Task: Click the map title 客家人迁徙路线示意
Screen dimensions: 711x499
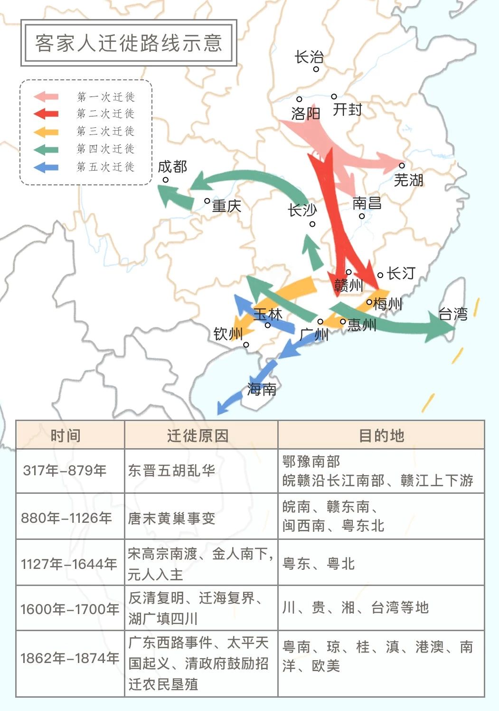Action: [129, 43]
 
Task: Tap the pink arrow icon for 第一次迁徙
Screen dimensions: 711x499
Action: [46, 97]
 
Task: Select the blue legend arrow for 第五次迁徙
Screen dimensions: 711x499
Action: [46, 167]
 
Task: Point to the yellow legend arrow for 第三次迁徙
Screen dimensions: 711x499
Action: [46, 132]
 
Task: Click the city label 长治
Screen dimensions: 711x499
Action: [309, 58]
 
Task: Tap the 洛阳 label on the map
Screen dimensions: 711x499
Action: [306, 113]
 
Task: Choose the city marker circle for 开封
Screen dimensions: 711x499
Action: [334, 96]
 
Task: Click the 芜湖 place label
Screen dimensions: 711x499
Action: [408, 180]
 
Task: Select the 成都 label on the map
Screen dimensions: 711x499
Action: [172, 167]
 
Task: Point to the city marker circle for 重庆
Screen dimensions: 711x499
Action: [207, 201]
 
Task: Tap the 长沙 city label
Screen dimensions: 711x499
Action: [302, 210]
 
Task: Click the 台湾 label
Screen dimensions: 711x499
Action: [453, 314]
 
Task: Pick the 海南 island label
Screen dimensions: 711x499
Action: [262, 390]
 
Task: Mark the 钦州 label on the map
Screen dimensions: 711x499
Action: [228, 334]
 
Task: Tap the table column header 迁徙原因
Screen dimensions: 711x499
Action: [198, 435]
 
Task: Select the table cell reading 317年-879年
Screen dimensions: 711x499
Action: [65, 471]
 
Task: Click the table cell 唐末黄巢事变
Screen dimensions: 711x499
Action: [171, 518]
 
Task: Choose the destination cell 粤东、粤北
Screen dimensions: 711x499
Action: [319, 564]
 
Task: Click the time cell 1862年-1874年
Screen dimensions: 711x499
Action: [69, 658]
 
